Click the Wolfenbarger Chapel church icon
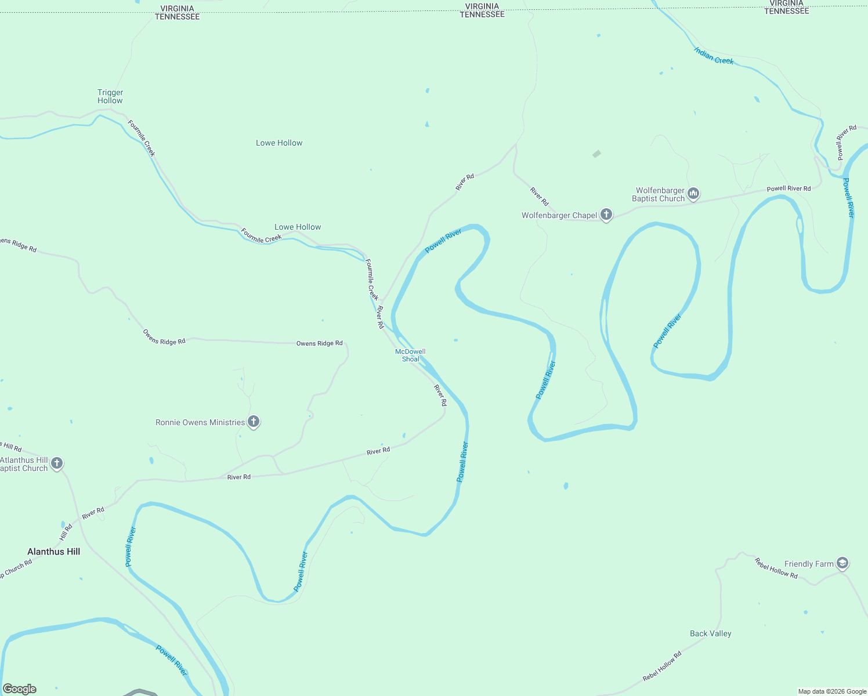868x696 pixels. (x=606, y=215)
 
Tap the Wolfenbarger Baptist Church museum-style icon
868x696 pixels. (x=693, y=193)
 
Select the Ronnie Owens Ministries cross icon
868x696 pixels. (x=254, y=422)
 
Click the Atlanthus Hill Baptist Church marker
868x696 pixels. (x=57, y=463)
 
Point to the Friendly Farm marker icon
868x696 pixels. (x=842, y=563)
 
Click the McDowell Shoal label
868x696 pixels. (x=410, y=355)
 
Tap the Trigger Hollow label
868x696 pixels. (x=110, y=96)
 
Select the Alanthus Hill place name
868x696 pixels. (x=54, y=552)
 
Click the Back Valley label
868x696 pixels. (x=710, y=633)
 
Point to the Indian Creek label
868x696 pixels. (x=714, y=56)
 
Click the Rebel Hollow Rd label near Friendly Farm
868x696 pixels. (x=776, y=568)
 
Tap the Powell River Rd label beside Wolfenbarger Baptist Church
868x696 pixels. (x=789, y=188)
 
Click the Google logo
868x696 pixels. (x=20, y=688)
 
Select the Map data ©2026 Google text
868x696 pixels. (x=832, y=691)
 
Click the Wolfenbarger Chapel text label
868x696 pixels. (x=559, y=215)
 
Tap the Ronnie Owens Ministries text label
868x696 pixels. (x=200, y=422)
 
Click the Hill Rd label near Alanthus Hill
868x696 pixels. (x=66, y=532)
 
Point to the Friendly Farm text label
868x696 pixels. (x=809, y=564)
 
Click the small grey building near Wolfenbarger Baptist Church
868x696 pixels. (x=596, y=154)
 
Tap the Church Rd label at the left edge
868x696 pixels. (x=16, y=568)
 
